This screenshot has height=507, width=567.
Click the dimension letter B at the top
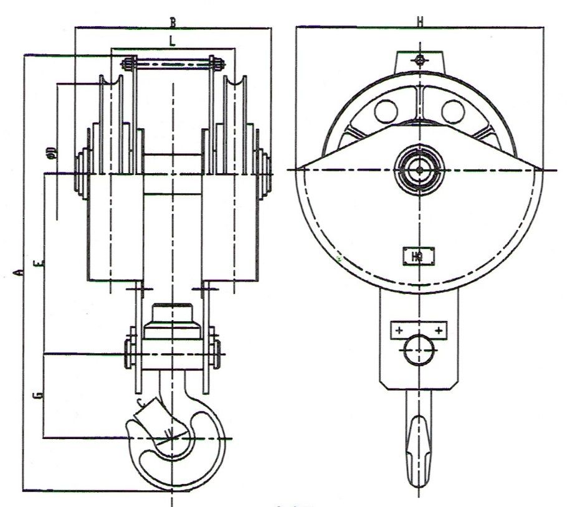(173, 22)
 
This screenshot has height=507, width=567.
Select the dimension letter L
(173, 41)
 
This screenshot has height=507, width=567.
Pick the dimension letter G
(39, 395)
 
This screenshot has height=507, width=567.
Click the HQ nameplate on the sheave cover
(417, 255)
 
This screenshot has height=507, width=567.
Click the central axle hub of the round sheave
(419, 169)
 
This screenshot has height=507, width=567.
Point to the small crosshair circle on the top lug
(420, 60)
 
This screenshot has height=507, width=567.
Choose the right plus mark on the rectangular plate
(440, 329)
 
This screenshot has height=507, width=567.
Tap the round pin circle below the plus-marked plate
(419, 350)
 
